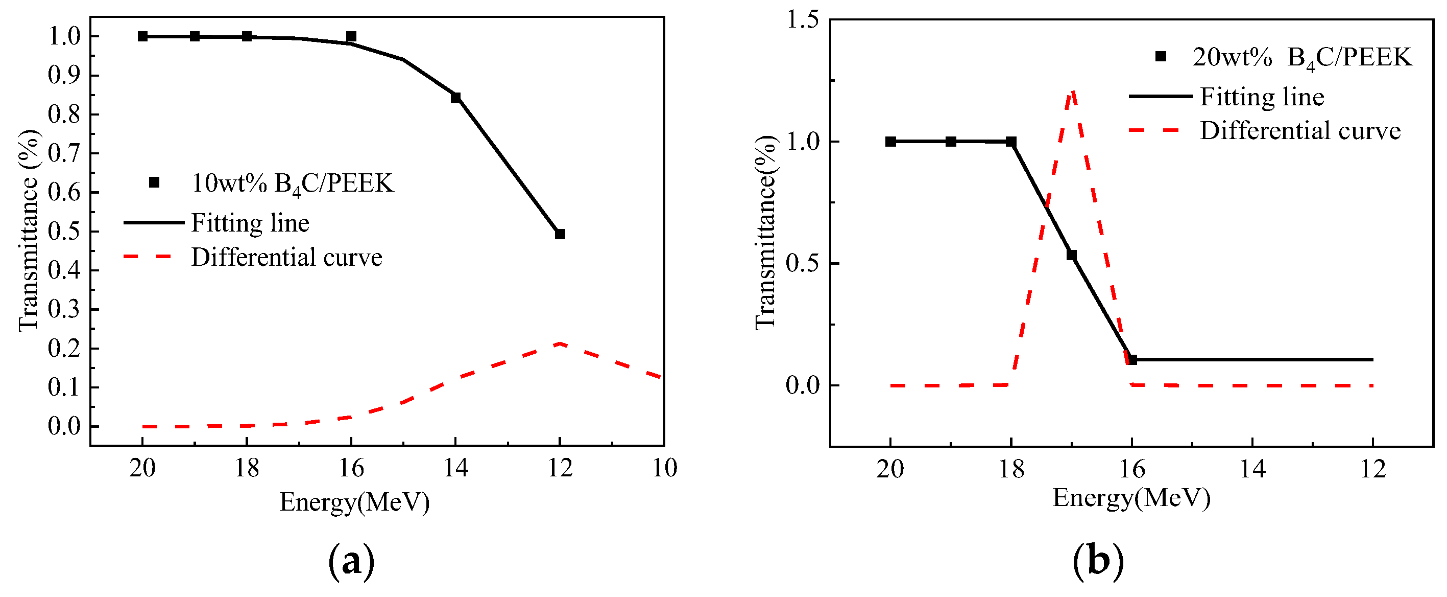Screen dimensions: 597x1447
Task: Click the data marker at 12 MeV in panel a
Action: [x=560, y=234]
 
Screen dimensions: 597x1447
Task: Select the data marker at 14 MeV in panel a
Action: [x=455, y=98]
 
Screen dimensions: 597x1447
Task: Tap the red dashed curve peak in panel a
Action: [x=560, y=343]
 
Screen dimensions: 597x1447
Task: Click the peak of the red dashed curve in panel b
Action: [x=1072, y=91]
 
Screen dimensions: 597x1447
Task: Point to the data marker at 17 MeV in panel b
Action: [x=1071, y=255]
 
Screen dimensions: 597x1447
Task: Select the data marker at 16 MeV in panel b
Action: [x=1132, y=359]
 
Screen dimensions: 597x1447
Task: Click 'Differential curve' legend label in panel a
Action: [x=286, y=258]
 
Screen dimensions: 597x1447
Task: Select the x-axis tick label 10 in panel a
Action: [x=664, y=468]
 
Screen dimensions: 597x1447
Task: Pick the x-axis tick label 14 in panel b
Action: [x=1252, y=468]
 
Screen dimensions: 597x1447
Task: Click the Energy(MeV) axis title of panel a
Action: [x=354, y=502]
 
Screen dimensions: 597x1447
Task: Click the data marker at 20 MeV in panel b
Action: [x=890, y=142]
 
